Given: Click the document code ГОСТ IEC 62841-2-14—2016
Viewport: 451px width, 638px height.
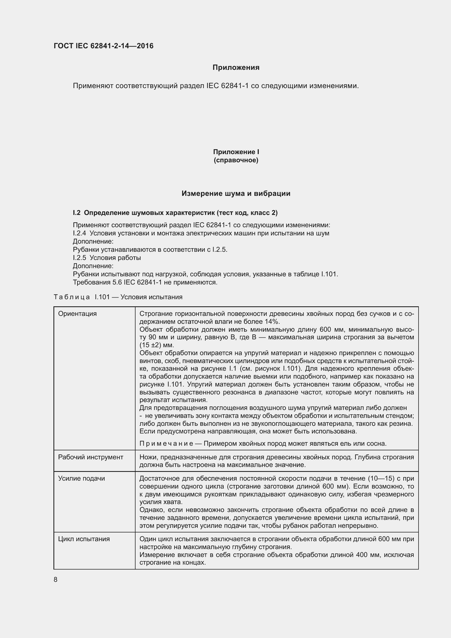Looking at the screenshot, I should [x=103, y=46].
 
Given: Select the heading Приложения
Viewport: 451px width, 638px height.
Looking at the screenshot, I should [x=236, y=68].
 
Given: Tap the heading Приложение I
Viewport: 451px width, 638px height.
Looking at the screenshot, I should [x=236, y=152].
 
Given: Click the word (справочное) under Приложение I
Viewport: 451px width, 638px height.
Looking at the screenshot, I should [x=236, y=160].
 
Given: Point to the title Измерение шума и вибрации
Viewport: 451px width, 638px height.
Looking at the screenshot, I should [x=236, y=193].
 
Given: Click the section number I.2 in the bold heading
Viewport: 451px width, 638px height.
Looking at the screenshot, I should [x=76, y=213].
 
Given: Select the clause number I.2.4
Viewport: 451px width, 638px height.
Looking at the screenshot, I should [x=79, y=233].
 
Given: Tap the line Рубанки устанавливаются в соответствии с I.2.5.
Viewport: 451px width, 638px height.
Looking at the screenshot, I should [x=150, y=250].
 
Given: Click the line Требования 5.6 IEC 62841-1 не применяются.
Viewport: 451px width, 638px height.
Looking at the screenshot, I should [x=145, y=282].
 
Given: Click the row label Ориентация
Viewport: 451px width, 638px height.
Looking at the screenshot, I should [x=77, y=314].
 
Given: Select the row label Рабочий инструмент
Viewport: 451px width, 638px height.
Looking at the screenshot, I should [x=91, y=457].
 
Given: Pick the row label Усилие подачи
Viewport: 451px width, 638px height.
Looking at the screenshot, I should [x=81, y=478].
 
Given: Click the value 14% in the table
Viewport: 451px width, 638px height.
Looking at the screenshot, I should [x=273, y=322].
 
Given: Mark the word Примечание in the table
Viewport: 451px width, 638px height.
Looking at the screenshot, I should [x=166, y=444].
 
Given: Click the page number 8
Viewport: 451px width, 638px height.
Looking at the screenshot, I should [x=56, y=580].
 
